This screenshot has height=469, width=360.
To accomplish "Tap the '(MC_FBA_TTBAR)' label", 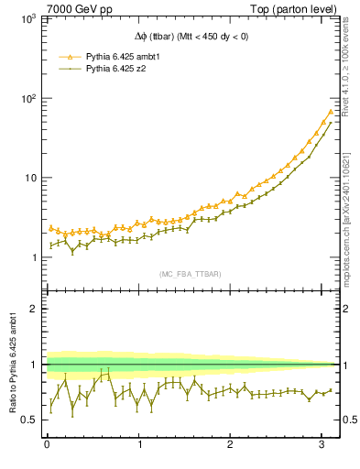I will click(190, 274).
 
